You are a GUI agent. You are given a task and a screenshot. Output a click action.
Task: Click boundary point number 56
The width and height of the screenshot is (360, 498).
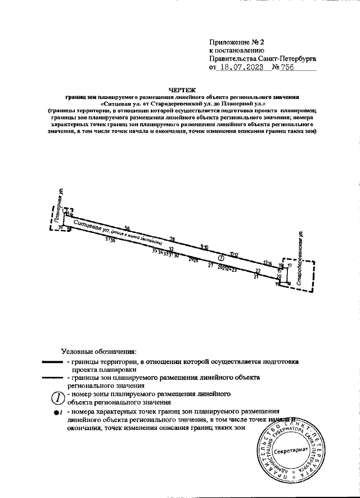coord(127,228)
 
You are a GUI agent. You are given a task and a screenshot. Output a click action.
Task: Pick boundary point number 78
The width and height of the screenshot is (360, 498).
coord(172,239)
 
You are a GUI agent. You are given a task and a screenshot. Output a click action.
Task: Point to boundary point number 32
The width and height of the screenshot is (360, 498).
coord(172,248)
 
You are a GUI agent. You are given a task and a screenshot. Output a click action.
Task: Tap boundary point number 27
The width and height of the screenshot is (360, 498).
coord(210,264)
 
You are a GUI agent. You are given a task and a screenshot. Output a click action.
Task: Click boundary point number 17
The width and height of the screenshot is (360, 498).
coord(290,264)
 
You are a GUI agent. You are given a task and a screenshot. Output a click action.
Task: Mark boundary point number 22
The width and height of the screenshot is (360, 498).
coord(258,271)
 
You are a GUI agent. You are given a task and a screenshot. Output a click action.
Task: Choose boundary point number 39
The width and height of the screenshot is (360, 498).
coord(61,227)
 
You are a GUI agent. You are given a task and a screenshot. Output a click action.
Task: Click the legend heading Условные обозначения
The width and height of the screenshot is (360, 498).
coord(99,351)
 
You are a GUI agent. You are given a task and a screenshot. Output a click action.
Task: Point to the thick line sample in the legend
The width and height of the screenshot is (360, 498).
coord(53,363)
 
